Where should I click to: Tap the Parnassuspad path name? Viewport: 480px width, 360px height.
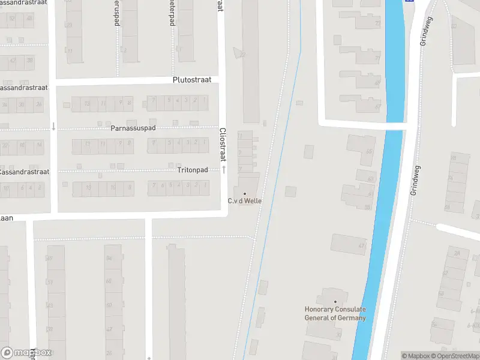point(133,128)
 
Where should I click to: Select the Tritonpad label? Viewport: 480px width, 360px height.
point(193,170)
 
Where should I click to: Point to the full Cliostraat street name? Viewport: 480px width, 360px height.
point(223,144)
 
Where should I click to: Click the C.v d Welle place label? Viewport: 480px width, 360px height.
point(244,201)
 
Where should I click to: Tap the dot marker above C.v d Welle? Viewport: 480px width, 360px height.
point(244,193)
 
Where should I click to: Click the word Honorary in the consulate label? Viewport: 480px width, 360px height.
point(319,310)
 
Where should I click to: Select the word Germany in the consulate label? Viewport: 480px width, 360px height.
point(352,318)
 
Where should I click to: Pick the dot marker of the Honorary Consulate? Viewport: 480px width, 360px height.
point(335,302)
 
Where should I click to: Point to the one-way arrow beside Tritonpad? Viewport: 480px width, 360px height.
point(224,170)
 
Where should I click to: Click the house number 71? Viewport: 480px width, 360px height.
point(377,58)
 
